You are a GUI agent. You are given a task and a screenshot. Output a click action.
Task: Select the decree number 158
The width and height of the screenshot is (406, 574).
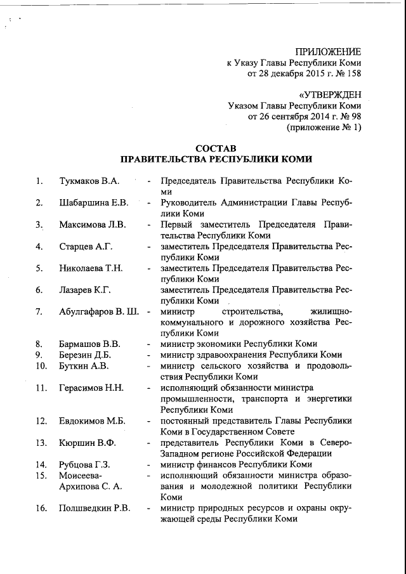[x=353, y=75]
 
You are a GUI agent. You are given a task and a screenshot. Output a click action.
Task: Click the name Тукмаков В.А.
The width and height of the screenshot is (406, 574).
[x=89, y=181]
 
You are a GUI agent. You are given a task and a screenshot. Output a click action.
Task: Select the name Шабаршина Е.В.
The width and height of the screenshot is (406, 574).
[x=93, y=203]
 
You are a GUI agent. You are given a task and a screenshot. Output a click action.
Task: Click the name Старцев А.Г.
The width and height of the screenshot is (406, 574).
[x=85, y=246]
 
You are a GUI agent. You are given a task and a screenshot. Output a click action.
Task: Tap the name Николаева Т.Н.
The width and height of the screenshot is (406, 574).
[x=91, y=268]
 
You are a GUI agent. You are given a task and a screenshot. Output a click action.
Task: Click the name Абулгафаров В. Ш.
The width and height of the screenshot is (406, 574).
[x=100, y=311]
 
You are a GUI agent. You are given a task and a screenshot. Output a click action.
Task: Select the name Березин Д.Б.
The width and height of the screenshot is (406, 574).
[x=85, y=355]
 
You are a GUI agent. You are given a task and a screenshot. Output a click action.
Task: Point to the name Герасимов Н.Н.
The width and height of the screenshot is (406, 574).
[x=91, y=388]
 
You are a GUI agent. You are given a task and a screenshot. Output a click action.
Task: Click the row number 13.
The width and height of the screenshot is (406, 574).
[x=41, y=442]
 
